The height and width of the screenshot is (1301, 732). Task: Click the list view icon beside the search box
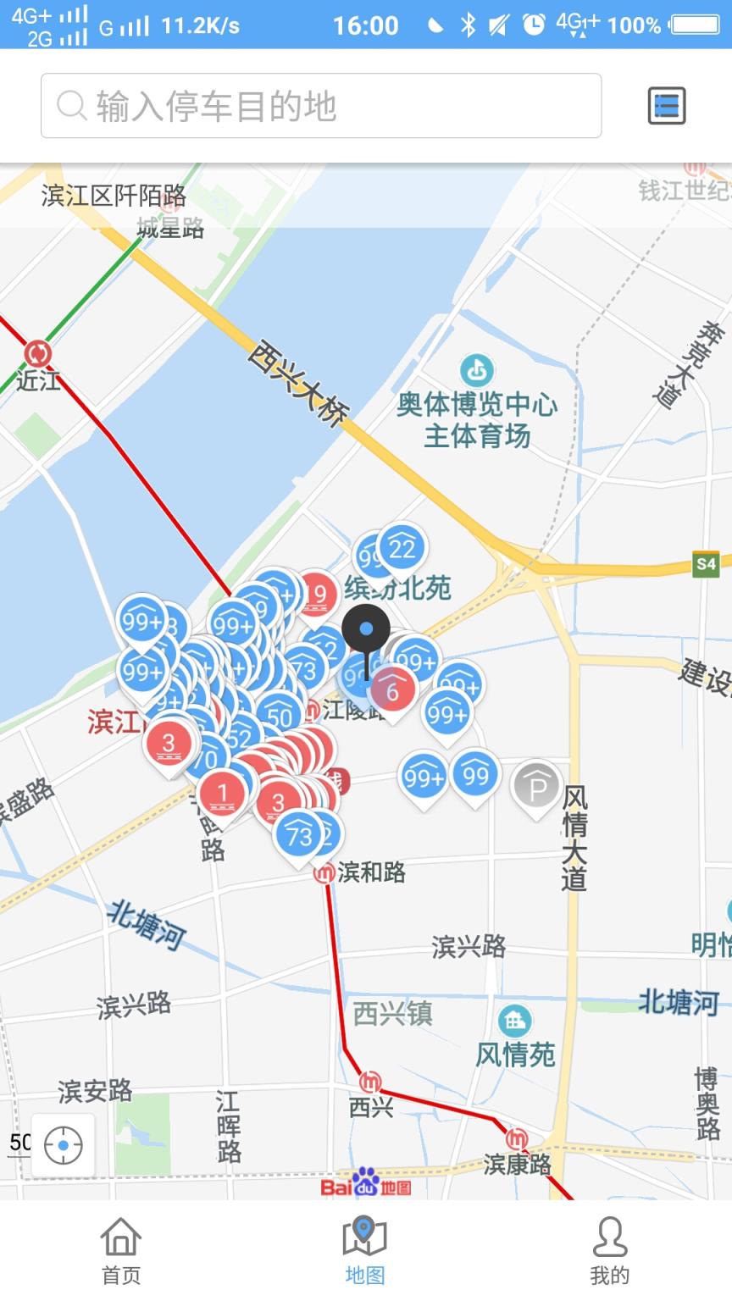666,106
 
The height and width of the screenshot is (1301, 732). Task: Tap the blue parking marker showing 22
402,550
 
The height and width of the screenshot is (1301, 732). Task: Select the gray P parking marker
536,788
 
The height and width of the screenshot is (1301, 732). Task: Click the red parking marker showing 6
392,690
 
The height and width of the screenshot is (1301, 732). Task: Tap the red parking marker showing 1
223,794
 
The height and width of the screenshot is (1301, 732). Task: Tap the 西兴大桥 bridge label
298,382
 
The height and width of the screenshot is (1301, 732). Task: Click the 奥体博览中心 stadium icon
477,370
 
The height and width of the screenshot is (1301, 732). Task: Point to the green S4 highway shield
705,564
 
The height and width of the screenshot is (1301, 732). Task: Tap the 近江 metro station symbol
37,353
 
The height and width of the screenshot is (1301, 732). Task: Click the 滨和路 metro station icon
324,872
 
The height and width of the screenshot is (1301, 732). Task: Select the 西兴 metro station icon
370,1082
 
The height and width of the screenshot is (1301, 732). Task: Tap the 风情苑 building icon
514,1021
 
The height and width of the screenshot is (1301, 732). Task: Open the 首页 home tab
121,1249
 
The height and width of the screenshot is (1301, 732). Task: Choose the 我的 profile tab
609,1249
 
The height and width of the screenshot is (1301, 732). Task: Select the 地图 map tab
365,1249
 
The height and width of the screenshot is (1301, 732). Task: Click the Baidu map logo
366,1183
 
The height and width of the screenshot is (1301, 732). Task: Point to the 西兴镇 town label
392,1013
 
